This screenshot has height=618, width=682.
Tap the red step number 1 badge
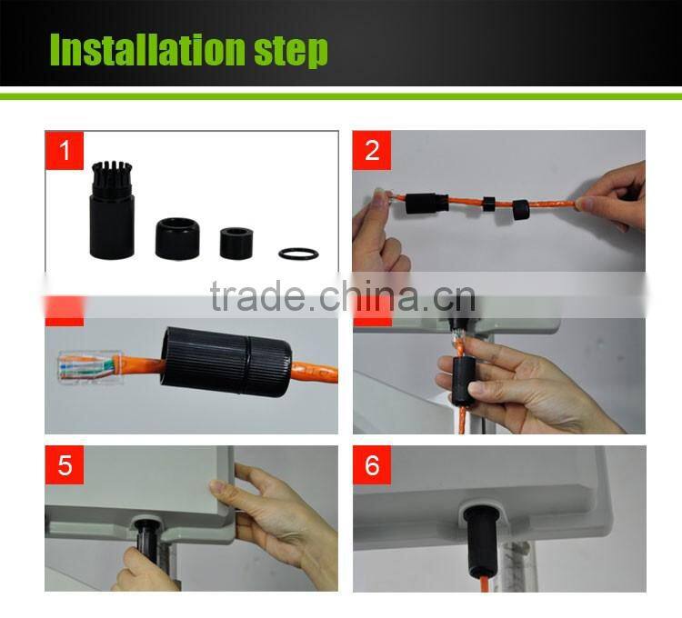tap(64, 150)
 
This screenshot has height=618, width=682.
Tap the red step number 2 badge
tap(372, 150)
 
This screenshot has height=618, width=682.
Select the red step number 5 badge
tap(64, 465)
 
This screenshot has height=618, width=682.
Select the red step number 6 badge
tap(372, 465)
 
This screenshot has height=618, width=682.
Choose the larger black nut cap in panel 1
tap(177, 237)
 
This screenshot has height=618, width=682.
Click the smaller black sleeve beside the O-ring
tap(238, 242)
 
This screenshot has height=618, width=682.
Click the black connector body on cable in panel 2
tap(426, 202)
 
